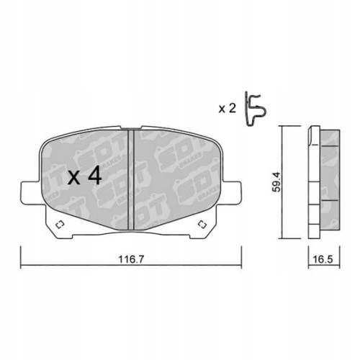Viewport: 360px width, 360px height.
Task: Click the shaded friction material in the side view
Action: pos(327,180)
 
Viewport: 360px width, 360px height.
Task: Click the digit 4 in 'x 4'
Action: pos(94,177)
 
